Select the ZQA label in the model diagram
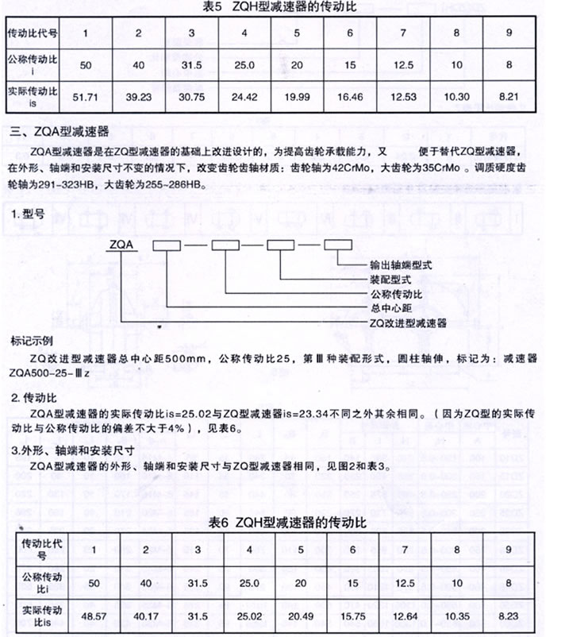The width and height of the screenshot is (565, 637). (x=122, y=245)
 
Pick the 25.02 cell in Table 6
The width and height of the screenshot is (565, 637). (x=251, y=616)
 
